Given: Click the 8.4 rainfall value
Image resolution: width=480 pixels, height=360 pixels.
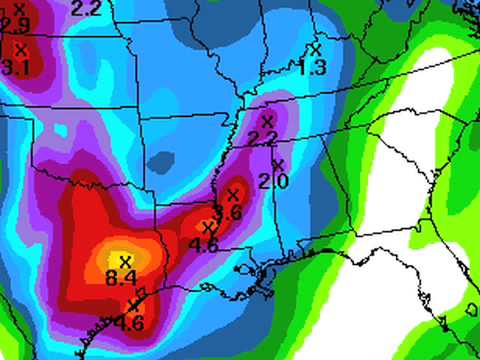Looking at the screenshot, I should [123, 276].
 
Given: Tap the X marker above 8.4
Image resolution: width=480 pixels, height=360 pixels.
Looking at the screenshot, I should [124, 261].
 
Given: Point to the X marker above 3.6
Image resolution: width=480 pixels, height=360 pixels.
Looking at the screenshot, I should [234, 194].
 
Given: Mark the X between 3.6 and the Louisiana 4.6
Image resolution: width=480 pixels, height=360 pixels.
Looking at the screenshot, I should [208, 228].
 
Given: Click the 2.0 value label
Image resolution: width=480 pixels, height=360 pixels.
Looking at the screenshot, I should [272, 181].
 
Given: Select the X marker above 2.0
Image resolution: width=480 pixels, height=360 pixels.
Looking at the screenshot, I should [278, 164].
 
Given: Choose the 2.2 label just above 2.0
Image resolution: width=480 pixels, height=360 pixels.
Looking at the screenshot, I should [262, 138].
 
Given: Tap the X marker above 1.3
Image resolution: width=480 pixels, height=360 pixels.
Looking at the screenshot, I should [316, 48].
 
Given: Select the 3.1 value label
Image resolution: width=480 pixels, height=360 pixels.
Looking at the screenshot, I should [15, 67].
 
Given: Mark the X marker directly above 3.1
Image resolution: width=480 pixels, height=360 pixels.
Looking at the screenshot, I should [20, 47].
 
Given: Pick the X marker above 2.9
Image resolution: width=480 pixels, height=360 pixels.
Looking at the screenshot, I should [18, 7].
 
